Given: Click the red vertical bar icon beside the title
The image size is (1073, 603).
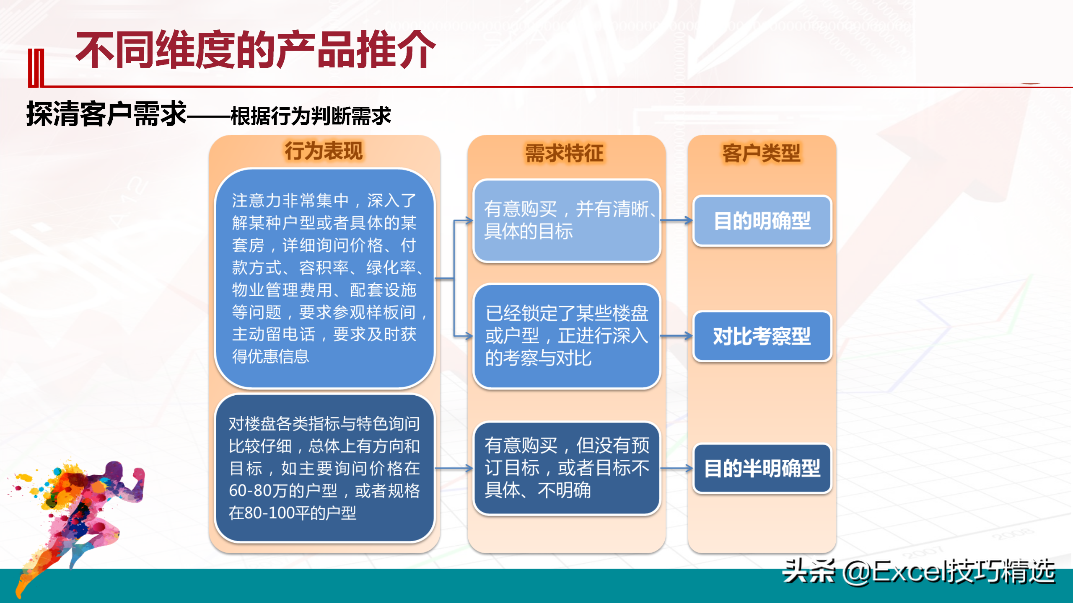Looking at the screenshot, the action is [36, 68].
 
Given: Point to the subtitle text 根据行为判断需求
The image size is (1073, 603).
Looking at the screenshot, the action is [311, 116].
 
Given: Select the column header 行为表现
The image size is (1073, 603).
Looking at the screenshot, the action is [324, 151].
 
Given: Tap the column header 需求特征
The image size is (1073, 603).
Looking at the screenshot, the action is [565, 153].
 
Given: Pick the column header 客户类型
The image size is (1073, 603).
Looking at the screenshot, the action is [762, 153].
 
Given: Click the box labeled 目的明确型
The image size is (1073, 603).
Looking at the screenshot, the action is [762, 221].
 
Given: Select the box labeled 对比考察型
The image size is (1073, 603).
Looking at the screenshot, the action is [762, 336].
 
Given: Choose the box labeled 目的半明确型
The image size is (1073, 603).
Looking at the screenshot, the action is [762, 468].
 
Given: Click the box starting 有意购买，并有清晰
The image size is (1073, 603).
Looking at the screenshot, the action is [567, 221].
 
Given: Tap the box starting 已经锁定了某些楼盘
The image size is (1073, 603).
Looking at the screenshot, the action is [567, 336].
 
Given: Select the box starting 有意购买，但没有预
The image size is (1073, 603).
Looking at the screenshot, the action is [567, 468].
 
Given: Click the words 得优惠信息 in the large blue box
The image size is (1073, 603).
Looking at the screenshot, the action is [270, 356].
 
